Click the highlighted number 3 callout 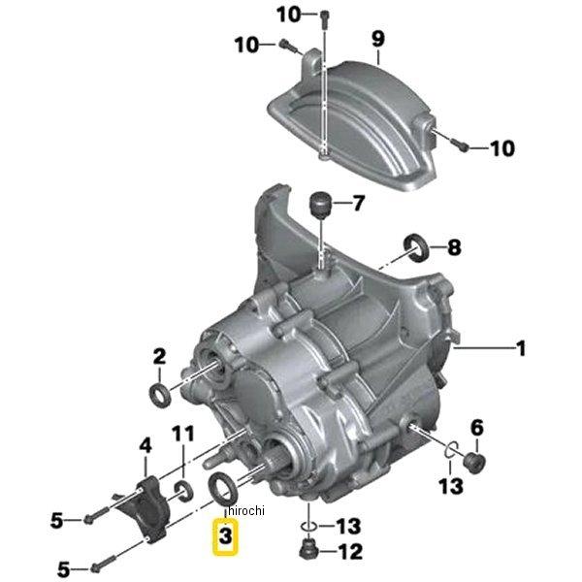pyautogui.click(x=225, y=536)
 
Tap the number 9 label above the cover pyautogui.click(x=377, y=39)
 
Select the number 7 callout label pyautogui.click(x=358, y=203)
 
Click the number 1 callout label pyautogui.click(x=521, y=348)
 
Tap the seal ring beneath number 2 pyautogui.click(x=160, y=396)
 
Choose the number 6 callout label pyautogui.click(x=476, y=428)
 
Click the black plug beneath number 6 pyautogui.click(x=475, y=463)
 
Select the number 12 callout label pyautogui.click(x=351, y=552)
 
